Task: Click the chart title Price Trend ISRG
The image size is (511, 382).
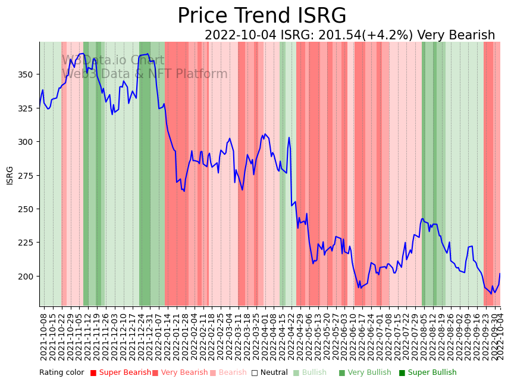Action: pos(262,16)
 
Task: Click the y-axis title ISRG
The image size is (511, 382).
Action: pos(10,175)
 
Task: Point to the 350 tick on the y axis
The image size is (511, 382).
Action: pos(27,74)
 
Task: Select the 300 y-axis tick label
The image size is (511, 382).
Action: pos(27,142)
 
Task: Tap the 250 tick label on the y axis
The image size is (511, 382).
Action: pos(27,209)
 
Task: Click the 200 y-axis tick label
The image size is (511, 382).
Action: pos(27,277)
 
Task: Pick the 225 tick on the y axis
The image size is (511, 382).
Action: pos(27,243)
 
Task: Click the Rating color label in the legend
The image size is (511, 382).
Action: pos(62,372)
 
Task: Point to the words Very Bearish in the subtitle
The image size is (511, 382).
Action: pos(456,36)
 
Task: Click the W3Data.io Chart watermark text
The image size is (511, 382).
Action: pos(113,60)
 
